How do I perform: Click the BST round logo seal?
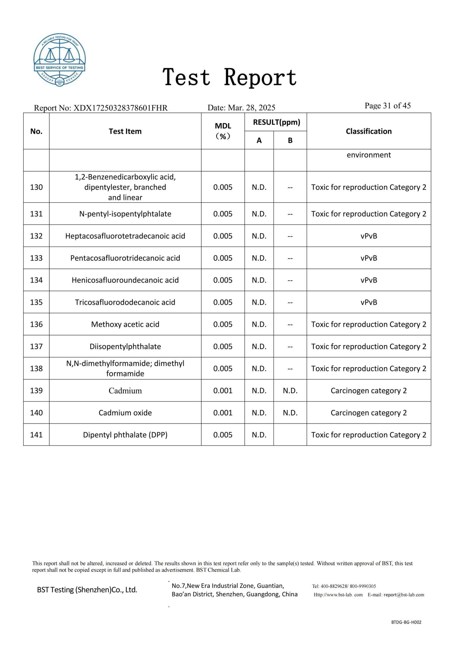59,60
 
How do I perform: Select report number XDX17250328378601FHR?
120,108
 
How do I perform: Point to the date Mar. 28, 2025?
251,108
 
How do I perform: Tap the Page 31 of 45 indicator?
387,106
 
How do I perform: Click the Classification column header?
368,131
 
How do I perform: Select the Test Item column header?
125,131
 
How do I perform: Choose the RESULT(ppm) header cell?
276,122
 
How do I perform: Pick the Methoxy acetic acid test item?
125,324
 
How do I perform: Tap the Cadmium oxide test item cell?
125,413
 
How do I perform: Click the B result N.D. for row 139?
290,391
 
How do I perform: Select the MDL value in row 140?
223,413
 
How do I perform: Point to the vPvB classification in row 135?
369,302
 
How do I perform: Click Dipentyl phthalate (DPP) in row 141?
125,435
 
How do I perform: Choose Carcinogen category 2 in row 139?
369,391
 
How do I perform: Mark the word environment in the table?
369,155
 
